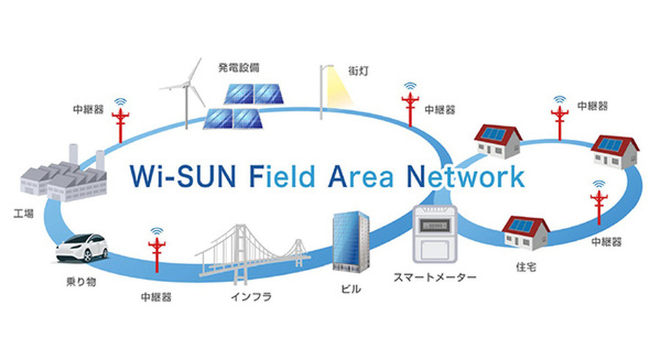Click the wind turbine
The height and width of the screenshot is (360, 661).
(185, 88)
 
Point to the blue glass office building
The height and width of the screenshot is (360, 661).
(350, 242)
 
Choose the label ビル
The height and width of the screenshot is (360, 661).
(351, 289)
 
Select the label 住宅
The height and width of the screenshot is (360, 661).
(526, 267)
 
